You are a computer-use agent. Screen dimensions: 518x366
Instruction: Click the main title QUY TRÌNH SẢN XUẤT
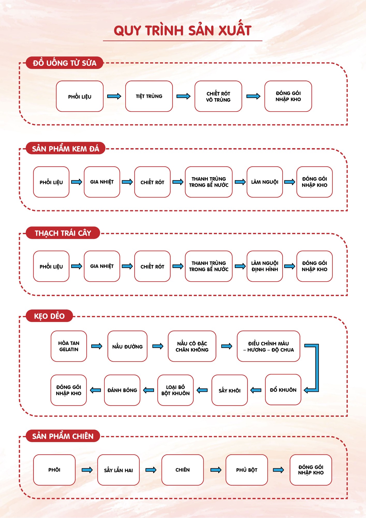(182, 31)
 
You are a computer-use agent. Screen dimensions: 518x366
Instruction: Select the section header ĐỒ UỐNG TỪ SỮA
(64, 63)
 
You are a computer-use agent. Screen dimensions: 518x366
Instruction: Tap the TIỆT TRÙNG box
(149, 96)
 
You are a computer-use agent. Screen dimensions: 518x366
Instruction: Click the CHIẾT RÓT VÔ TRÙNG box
(218, 96)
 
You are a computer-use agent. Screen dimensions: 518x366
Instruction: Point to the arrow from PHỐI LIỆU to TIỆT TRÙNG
(114, 96)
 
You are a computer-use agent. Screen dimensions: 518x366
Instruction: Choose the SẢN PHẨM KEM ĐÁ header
(65, 149)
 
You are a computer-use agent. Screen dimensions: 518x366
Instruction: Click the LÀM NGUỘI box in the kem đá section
(265, 182)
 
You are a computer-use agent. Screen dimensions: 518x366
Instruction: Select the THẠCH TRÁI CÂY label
(63, 233)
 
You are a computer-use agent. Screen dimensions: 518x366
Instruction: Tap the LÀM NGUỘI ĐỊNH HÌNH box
(265, 266)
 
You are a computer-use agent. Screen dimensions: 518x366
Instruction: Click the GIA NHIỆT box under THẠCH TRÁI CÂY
(102, 266)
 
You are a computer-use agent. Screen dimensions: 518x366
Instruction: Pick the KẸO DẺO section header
(49, 316)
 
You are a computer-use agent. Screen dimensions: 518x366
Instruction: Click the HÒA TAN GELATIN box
(69, 346)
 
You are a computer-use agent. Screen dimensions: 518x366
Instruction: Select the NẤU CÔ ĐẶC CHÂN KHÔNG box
(192, 346)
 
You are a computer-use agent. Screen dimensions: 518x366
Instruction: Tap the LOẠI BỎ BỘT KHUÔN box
(175, 390)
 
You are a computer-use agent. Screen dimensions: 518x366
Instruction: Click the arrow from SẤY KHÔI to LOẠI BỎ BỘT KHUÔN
(202, 390)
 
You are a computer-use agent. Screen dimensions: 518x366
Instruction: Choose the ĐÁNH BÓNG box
(122, 390)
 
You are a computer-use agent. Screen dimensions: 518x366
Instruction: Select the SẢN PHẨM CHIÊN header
(63, 436)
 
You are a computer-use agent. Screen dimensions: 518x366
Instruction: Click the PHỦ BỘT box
(246, 470)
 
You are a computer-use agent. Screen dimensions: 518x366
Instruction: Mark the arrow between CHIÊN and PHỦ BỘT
(216, 470)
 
